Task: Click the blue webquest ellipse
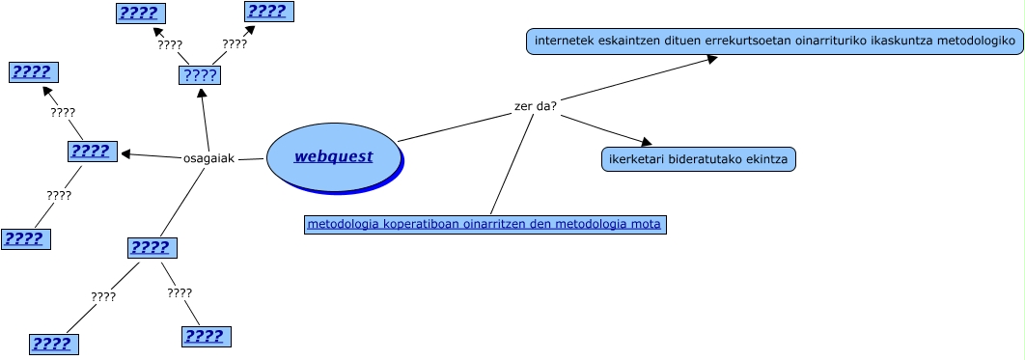point(333,156)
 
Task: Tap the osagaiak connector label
point(208,157)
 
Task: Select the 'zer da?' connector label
point(535,105)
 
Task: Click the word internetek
point(565,42)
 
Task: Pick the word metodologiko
point(971,42)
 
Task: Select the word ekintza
point(766,159)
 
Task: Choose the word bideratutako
point(704,159)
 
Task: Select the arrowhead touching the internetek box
point(711,59)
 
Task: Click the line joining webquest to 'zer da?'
point(454,127)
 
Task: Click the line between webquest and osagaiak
point(251,158)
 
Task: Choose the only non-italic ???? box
point(200,75)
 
